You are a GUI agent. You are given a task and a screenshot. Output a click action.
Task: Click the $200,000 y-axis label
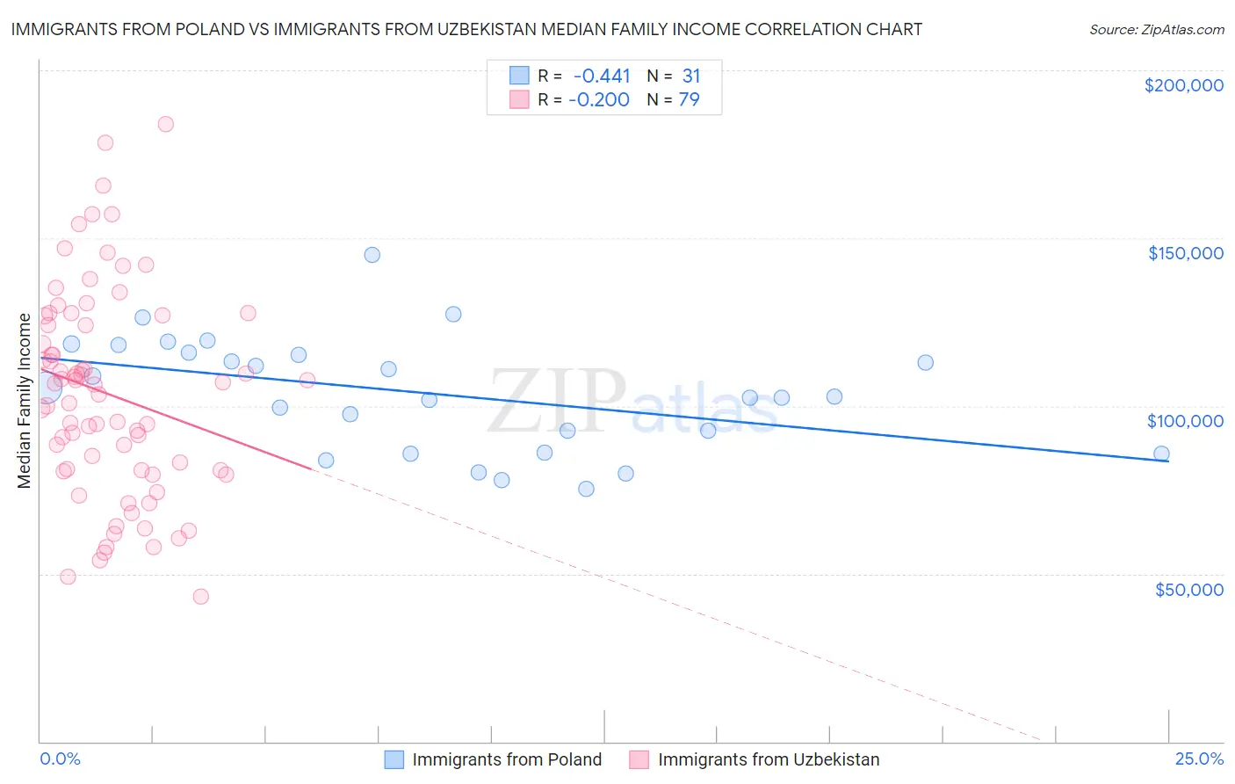coord(1183,85)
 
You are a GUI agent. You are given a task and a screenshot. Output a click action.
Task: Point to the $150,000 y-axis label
coord(1185,253)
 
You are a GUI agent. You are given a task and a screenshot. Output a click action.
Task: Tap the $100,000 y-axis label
coord(1185,421)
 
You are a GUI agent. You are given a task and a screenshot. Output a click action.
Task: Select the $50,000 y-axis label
coord(1188,589)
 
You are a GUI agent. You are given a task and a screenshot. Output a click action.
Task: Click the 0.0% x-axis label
coord(60,759)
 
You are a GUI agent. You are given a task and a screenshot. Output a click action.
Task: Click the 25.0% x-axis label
coord(1199,759)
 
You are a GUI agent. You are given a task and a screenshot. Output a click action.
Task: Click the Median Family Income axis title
coord(24,401)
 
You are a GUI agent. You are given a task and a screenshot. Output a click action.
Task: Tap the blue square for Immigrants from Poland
coord(394,759)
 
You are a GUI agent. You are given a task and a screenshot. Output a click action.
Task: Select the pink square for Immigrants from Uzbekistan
coord(639,759)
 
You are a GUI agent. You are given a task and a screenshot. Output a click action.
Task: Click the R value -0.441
coord(602,76)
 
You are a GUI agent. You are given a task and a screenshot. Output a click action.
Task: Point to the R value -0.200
coord(599,99)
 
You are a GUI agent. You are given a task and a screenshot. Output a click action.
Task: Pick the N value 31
coord(691,76)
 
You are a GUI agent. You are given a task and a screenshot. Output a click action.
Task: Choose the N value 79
coord(690,99)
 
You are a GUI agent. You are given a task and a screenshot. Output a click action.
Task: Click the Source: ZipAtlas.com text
coord(1156,29)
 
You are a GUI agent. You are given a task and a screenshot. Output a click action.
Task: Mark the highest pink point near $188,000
coord(165,124)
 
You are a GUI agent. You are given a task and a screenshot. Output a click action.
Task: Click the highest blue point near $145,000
coord(372,255)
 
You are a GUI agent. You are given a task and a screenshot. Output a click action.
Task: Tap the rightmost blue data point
coord(1161,454)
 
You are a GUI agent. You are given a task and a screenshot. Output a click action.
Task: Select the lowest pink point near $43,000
coord(200,596)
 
